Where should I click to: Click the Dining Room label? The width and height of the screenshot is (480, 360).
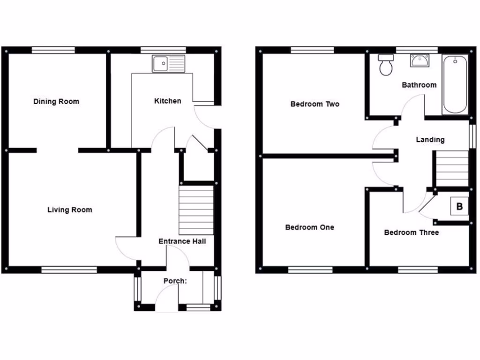click(x=56, y=101)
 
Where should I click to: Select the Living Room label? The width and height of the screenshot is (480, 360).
click(x=69, y=210)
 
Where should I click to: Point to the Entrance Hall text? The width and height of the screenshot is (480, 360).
click(x=182, y=241)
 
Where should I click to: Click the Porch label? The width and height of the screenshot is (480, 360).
click(x=175, y=281)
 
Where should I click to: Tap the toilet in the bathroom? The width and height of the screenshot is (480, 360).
click(x=386, y=65)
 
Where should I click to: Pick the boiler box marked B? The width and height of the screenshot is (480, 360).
click(x=459, y=206)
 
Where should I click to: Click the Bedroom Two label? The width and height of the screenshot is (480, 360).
click(x=315, y=104)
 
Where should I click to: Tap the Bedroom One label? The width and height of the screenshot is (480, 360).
click(x=310, y=227)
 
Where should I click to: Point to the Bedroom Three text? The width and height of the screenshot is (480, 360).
click(x=411, y=232)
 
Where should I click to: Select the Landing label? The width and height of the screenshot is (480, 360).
click(x=430, y=139)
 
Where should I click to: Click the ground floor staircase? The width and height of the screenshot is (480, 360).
click(x=196, y=210)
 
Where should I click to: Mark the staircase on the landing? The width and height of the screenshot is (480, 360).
click(x=452, y=168)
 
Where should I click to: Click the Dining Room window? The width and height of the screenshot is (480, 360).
click(x=53, y=50)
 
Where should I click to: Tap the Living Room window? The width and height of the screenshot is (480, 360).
click(x=69, y=270)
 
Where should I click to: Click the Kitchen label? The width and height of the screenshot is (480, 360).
click(x=168, y=101)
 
